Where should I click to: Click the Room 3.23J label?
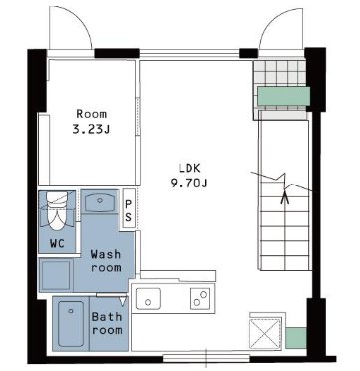(91, 122)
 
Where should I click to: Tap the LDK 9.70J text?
(189, 176)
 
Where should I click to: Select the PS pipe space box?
(129, 208)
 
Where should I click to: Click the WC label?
(57, 244)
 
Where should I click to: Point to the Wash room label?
(106, 261)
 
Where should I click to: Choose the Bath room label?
(107, 323)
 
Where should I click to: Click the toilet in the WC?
(57, 210)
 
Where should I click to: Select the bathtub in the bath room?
(71, 324)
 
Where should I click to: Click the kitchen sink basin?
(148, 297)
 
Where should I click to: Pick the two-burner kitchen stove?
(200, 298)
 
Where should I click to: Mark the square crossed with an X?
(265, 333)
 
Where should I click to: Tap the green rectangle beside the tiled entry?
(284, 96)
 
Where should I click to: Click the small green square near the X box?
(296, 338)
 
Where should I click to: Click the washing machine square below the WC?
(56, 274)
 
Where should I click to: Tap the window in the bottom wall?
(206, 358)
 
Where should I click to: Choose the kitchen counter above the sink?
(179, 275)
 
